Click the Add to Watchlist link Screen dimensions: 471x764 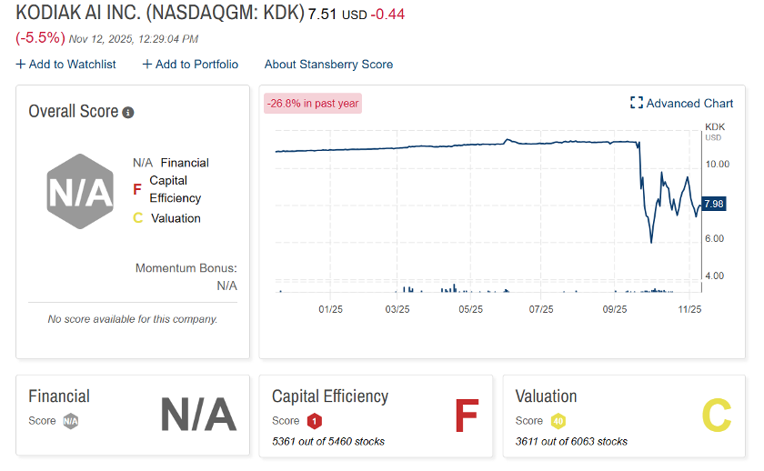click(x=65, y=64)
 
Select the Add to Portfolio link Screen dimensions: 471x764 click(x=190, y=64)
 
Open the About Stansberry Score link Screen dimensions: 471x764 click(x=328, y=64)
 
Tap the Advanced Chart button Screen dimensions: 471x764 click(x=681, y=103)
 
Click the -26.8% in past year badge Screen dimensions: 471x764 click(x=313, y=103)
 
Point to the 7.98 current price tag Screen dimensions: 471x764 click(x=713, y=204)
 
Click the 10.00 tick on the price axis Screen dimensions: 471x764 click(x=718, y=164)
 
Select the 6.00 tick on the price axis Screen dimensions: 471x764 click(x=715, y=238)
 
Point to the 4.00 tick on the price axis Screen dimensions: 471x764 click(x=715, y=276)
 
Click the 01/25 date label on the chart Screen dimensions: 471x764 click(x=329, y=309)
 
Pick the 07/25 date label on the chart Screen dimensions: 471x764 click(x=541, y=309)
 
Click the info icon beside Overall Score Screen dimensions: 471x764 click(x=128, y=113)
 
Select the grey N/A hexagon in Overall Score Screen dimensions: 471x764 click(x=80, y=191)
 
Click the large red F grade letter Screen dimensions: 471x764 click(x=467, y=416)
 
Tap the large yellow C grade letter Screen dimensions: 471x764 click(x=716, y=416)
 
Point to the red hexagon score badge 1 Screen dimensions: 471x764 click(x=314, y=421)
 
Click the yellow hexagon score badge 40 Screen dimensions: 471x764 click(x=558, y=421)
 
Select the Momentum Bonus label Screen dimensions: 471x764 click(x=186, y=268)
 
